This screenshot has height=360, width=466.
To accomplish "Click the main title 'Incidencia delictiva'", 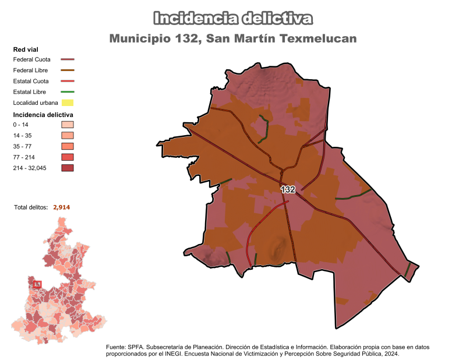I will (x=233, y=19).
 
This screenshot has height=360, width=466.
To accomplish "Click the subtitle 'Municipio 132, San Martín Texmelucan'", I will (x=233, y=38).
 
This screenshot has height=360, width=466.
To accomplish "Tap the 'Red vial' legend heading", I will (x=26, y=50).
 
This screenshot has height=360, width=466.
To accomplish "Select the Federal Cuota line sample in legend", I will (x=68, y=59).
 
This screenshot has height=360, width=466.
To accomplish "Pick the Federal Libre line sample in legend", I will (x=68, y=70).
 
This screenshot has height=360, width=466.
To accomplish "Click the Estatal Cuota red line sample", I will (x=68, y=81).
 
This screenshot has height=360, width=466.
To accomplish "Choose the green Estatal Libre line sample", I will (x=68, y=92).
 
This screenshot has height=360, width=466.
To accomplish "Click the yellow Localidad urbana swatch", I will (x=68, y=103).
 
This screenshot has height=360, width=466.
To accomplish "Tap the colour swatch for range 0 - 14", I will (x=68, y=125).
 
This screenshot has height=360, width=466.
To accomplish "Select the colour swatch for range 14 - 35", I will (x=68, y=136).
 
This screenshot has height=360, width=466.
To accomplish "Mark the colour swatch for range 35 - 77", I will (x=68, y=146).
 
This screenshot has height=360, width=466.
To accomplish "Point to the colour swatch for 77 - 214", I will (x=68, y=157).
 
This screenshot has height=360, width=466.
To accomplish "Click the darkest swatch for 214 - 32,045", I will (x=68, y=168).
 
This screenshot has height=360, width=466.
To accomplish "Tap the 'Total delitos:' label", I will (x=31, y=207).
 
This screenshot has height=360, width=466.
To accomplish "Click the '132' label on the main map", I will (x=288, y=190).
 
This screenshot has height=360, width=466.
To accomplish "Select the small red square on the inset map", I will (x=37, y=284).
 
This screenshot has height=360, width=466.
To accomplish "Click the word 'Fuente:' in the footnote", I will (x=116, y=347).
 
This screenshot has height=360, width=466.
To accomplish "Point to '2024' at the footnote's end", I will (x=391, y=354).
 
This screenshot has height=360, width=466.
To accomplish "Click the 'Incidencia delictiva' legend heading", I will (x=43, y=115).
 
